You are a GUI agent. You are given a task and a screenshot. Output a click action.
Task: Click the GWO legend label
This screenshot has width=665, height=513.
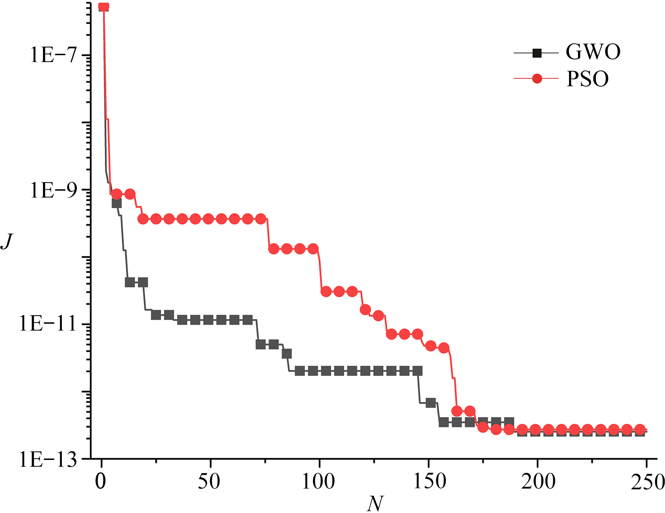(x=593, y=52)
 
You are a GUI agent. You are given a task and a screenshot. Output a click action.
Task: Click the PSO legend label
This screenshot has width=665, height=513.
(x=587, y=79)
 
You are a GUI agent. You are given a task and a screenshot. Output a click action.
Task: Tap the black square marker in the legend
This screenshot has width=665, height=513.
(x=537, y=53)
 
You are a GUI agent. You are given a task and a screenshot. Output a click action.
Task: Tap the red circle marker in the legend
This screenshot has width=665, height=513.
(x=537, y=79)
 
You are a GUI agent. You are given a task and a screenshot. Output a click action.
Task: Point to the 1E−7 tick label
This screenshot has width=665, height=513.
(x=53, y=55)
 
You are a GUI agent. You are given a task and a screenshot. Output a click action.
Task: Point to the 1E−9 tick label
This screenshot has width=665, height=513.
(x=53, y=190)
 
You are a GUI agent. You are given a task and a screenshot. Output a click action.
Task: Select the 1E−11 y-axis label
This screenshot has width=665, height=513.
(x=48, y=324)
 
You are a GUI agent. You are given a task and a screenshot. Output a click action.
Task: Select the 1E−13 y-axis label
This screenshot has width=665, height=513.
(x=48, y=460)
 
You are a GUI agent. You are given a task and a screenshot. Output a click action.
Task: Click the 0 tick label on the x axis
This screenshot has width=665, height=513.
(x=101, y=482)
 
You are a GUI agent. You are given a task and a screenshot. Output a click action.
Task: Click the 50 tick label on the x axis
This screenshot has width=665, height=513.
(x=209, y=482)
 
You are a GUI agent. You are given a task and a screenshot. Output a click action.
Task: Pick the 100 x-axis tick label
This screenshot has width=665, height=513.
(x=318, y=482)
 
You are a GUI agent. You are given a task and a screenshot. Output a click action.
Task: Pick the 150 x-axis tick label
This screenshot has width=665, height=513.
(x=429, y=482)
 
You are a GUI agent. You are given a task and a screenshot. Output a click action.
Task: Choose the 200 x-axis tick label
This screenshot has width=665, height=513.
(x=538, y=482)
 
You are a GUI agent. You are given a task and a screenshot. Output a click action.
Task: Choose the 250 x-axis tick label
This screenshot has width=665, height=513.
(x=648, y=482)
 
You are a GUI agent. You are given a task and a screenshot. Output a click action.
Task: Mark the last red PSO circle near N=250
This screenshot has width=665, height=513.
(x=640, y=430)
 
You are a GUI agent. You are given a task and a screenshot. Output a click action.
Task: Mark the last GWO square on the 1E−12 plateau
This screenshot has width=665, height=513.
(x=418, y=371)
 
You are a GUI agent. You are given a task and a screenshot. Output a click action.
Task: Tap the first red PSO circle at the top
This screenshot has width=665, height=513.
(x=103, y=6)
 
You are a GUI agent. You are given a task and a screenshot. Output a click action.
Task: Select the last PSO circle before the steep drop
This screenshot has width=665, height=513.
(x=444, y=348)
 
